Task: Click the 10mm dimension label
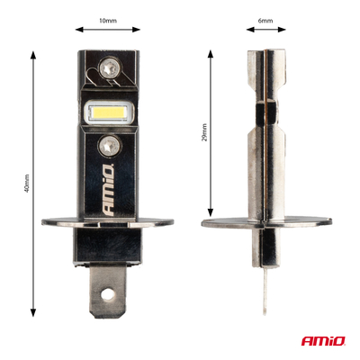tap(108, 21)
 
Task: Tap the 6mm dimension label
tap(265, 21)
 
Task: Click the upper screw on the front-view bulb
tap(109, 67)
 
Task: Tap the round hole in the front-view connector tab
tap(108, 292)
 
